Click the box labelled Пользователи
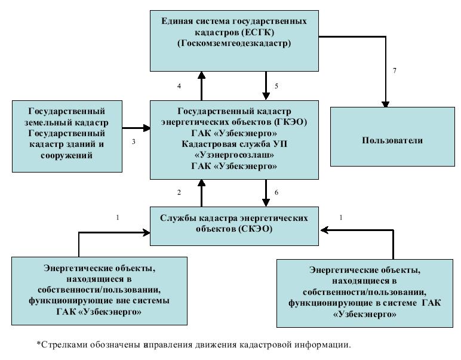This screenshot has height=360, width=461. (x=392, y=137)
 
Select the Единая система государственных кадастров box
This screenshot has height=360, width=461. (x=234, y=41)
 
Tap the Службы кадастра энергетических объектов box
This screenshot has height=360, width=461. (x=234, y=226)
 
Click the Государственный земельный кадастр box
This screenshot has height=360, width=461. (x=67, y=136)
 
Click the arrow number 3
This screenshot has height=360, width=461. (x=136, y=128)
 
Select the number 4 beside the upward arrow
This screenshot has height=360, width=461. (x=179, y=86)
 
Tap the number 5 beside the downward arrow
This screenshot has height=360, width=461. (x=276, y=86)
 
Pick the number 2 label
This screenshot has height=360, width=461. (x=179, y=192)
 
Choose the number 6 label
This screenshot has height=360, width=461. (x=276, y=192)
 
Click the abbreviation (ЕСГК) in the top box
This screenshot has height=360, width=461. (x=258, y=32)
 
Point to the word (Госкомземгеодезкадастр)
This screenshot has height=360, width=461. (x=234, y=43)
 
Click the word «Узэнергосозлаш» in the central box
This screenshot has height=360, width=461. (x=234, y=155)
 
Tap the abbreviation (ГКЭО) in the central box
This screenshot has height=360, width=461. (x=290, y=122)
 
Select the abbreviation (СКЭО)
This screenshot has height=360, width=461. (x=255, y=229)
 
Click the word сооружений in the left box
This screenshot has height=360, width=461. (x=67, y=155)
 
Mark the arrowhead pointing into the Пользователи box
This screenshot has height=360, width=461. (x=385, y=104)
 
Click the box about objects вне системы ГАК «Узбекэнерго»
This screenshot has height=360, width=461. (x=99, y=291)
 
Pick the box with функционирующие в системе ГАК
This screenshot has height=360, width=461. (x=365, y=293)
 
